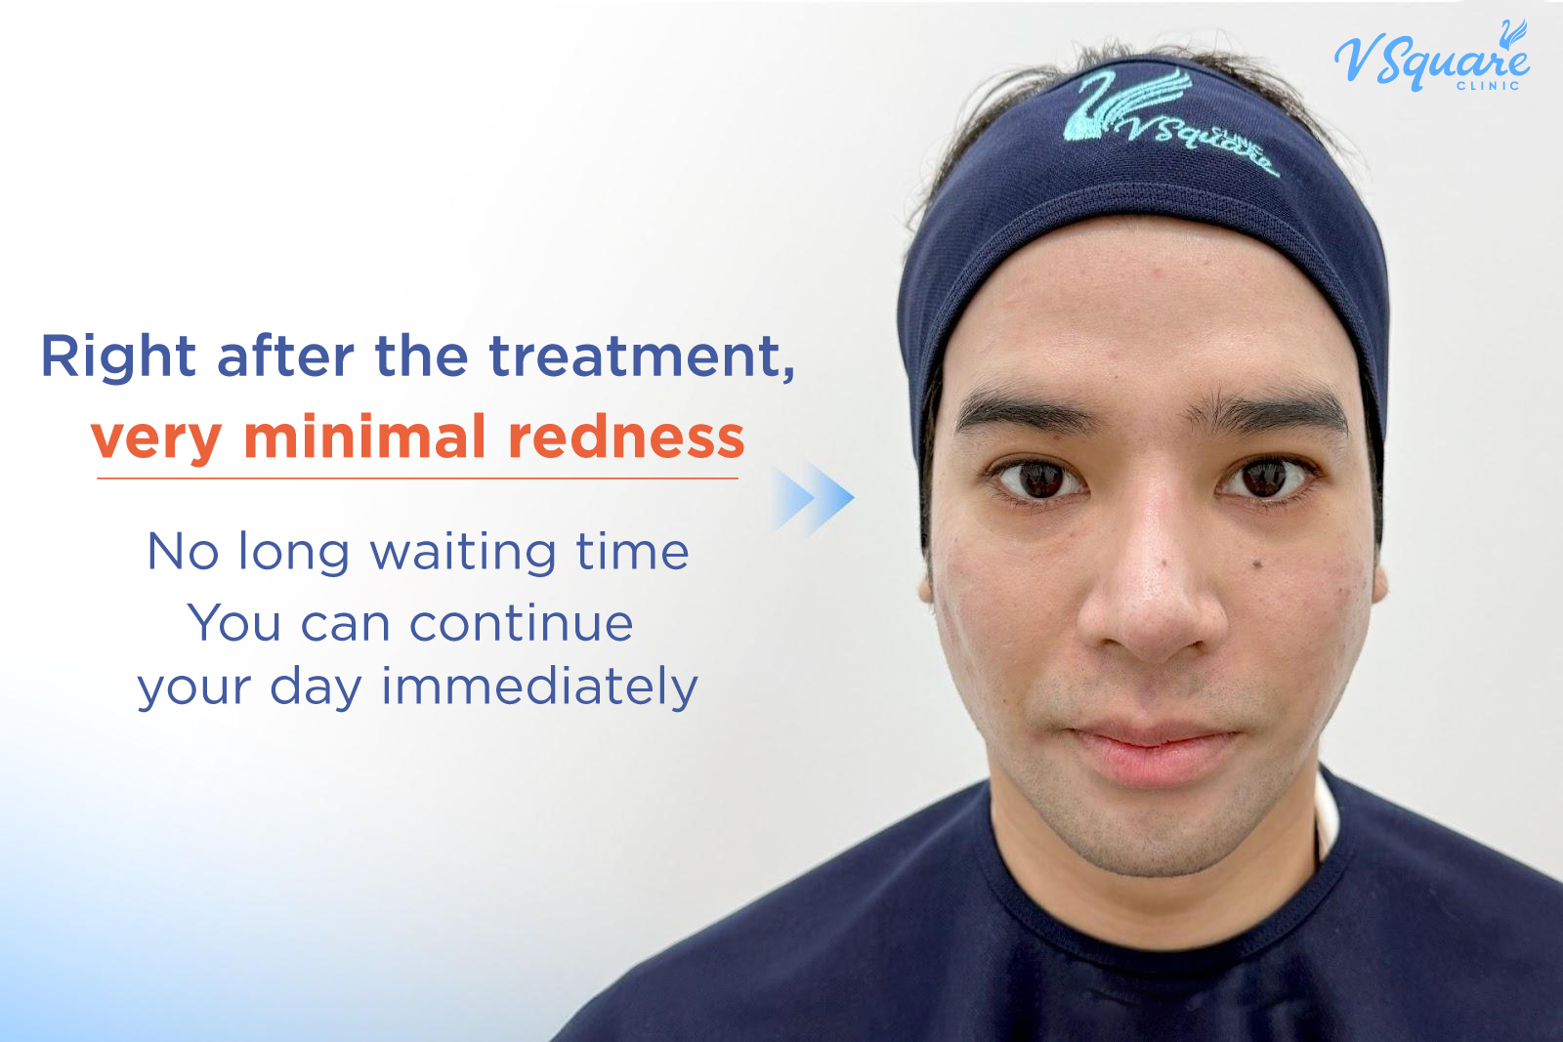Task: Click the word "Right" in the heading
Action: [118, 357]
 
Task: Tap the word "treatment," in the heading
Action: [642, 357]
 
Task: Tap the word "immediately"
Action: [539, 687]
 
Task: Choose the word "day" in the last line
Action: [315, 688]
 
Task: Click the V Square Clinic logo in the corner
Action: [1431, 59]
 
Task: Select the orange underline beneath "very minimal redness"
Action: [417, 479]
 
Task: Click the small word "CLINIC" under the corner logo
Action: [1488, 86]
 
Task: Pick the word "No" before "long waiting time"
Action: [183, 552]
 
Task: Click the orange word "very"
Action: [156, 438]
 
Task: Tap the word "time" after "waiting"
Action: [632, 552]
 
